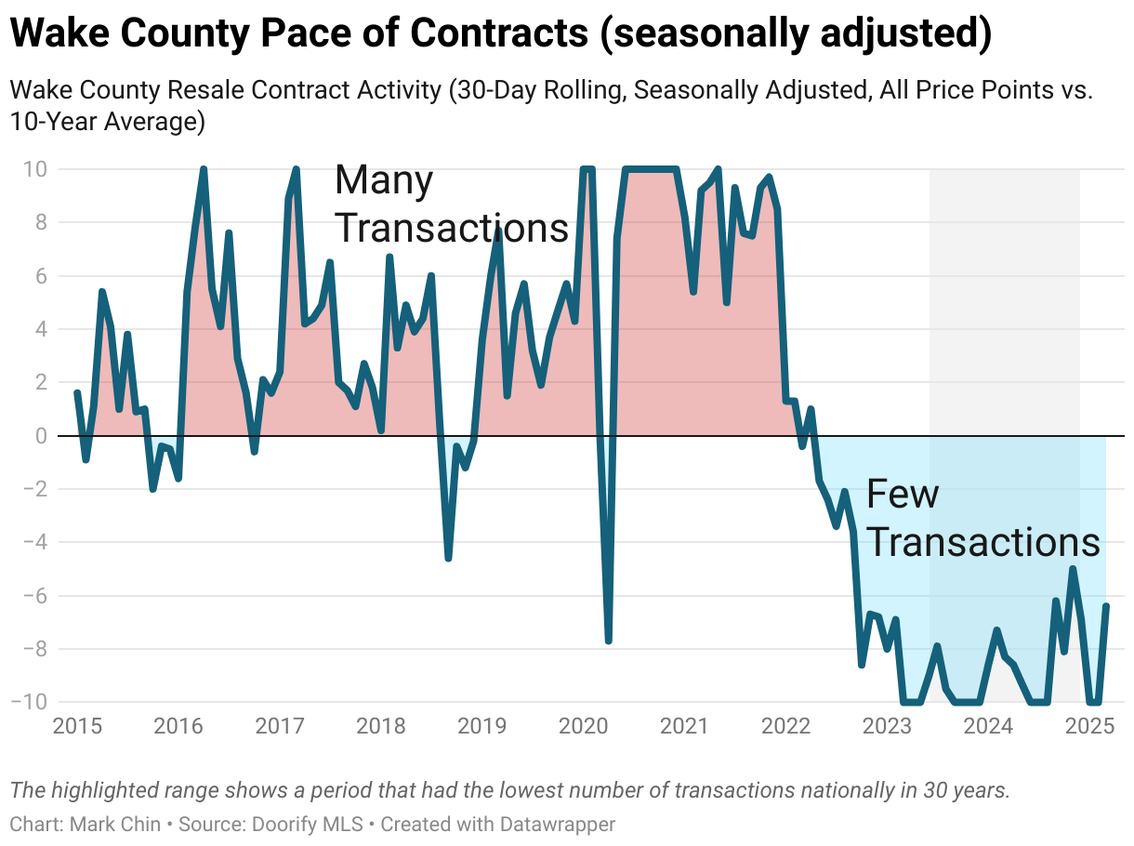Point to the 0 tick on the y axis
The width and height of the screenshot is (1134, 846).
point(42,436)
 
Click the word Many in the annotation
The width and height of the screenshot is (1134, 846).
point(383,179)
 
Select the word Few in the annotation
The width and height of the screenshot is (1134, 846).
point(902,494)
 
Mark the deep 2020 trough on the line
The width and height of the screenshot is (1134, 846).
point(608,641)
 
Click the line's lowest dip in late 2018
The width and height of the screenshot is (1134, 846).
point(448,558)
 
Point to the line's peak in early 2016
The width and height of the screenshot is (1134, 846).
point(203,170)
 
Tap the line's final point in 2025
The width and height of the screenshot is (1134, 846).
point(1106,606)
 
